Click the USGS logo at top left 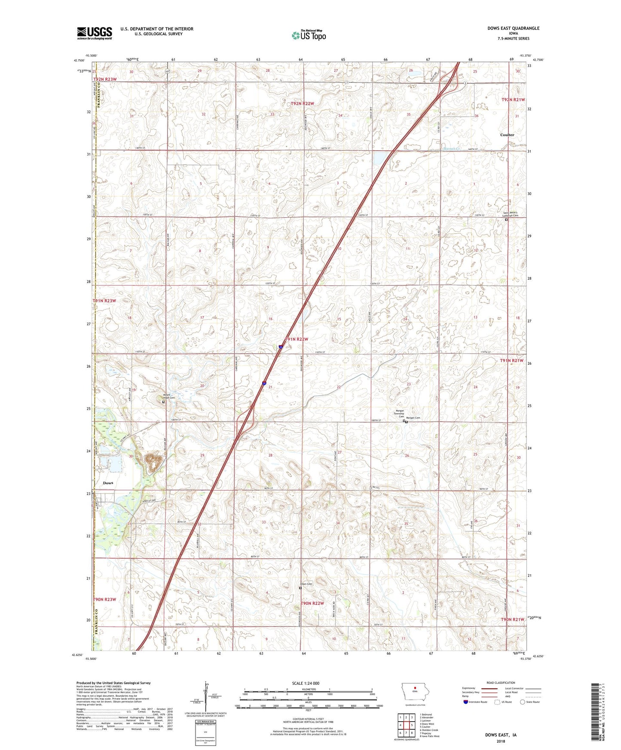pos(95,33)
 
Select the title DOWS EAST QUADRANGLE pos(513,28)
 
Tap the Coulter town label pos(507,135)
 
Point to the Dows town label pos(108,483)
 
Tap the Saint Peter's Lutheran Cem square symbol pos(506,220)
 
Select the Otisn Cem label pos(306,584)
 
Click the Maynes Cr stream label pos(452,149)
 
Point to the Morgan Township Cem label pos(400,414)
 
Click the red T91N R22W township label pos(296,339)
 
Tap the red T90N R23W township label pos(104,599)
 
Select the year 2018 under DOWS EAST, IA pos(501,741)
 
